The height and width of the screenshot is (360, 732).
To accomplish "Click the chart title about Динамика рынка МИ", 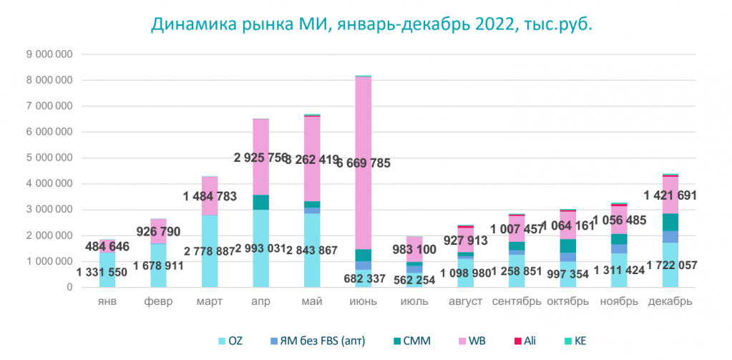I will tap(372, 24).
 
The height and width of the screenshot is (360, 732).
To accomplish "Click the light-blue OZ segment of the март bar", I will tap(210, 236).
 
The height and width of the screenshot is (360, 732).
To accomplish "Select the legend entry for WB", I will tap(476, 341).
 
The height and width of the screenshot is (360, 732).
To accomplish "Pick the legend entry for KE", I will tap(579, 341).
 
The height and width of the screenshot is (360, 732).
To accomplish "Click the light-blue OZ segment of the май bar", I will tap(312, 250).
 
